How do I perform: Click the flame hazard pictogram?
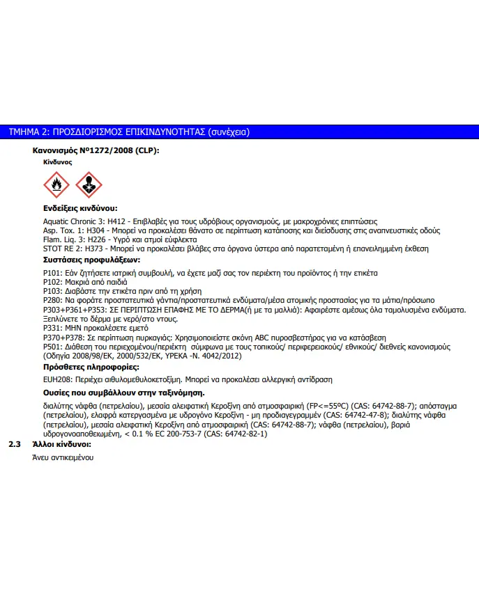click(56, 185)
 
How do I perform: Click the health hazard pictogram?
click(89, 185)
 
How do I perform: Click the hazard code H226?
click(98, 239)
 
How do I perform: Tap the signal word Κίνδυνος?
click(58, 161)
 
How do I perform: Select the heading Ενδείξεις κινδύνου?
click(79, 208)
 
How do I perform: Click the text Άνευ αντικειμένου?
click(63, 457)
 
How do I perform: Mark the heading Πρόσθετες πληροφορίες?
click(81, 367)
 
